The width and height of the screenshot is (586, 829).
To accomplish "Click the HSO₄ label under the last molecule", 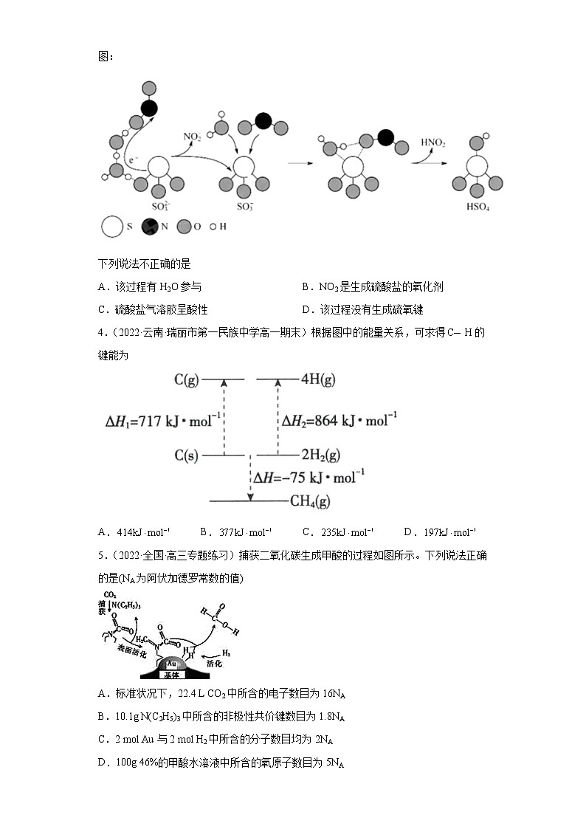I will point(478,208).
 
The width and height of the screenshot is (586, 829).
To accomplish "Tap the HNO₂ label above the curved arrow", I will point(433,142).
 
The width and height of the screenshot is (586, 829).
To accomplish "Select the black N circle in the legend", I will point(150,227).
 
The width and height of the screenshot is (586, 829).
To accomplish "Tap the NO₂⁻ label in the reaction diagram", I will point(192,137).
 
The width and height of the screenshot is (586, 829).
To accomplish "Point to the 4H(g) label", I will point(318,379).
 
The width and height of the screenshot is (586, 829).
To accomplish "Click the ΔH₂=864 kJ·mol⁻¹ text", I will point(339,421).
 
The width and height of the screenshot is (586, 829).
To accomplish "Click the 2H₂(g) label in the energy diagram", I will point(320,455).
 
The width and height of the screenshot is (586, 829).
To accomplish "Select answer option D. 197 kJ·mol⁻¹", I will point(440,532).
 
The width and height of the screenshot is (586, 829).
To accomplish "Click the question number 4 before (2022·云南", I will point(101,332).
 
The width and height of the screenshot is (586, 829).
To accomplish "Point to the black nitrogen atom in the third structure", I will point(385,137).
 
